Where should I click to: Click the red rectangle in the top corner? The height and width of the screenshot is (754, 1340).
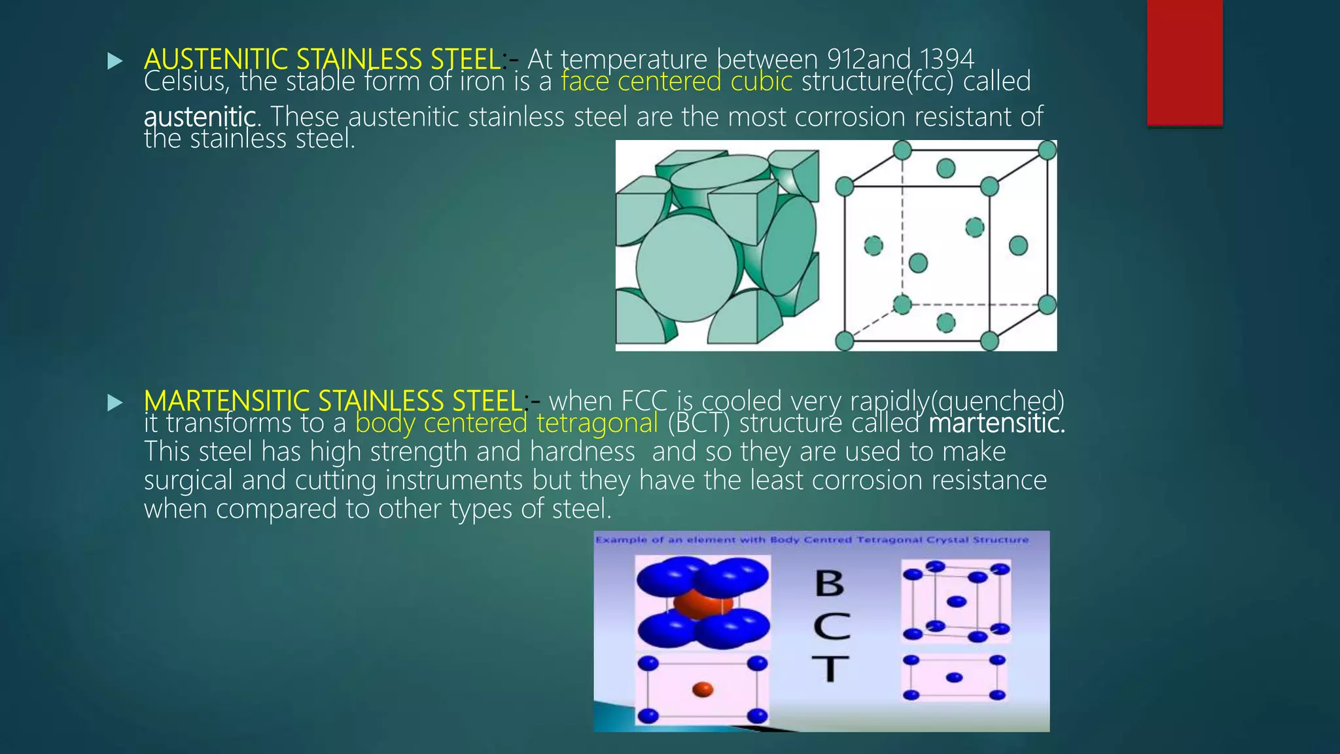click(x=1184, y=62)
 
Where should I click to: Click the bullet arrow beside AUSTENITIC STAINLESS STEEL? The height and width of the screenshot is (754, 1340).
click(x=115, y=62)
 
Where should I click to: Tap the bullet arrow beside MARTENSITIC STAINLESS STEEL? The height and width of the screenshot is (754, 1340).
click(x=115, y=403)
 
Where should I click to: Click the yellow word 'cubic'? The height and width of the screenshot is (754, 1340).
click(x=761, y=82)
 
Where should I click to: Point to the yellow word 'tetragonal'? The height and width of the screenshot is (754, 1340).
click(x=597, y=423)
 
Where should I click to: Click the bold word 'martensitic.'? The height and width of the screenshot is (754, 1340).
click(x=996, y=423)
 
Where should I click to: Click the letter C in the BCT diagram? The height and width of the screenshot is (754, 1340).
click(x=832, y=626)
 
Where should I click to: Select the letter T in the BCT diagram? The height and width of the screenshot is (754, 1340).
click(x=830, y=669)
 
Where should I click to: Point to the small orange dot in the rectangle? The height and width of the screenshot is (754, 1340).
click(x=702, y=689)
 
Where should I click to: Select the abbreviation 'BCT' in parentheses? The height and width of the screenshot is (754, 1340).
click(x=698, y=423)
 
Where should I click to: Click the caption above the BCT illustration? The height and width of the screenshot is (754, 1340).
click(x=811, y=540)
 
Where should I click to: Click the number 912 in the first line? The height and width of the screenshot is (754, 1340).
click(x=847, y=60)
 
